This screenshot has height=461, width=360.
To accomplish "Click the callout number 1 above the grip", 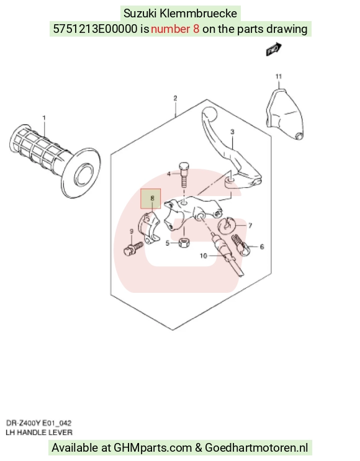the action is point(44,118).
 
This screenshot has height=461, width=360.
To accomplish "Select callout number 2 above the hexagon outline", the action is point(175,98).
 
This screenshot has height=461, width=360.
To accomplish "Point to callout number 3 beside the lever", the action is point(232,132).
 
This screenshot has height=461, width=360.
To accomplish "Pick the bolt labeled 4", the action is point(184,174).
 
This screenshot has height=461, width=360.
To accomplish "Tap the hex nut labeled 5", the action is point(184,243).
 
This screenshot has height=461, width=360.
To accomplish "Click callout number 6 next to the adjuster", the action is point(262,247).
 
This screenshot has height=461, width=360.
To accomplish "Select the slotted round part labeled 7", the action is point(226,226).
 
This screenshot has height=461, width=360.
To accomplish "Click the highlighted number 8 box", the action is point(151,199).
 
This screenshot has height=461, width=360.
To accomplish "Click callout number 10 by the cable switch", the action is point(204,256).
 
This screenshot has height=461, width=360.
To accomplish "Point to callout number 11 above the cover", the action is point(279,76).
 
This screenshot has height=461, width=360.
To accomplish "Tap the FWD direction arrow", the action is point(274,50).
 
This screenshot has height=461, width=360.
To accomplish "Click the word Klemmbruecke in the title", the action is point(198,14).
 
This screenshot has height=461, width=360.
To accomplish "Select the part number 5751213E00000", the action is point(95,29).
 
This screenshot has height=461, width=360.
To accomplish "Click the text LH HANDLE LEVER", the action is point(39,432).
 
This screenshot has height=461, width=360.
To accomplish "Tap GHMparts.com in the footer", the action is point(153,448).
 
